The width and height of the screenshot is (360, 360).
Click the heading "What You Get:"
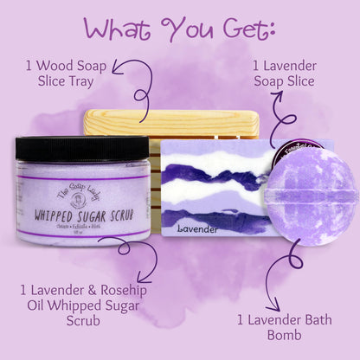[179, 29]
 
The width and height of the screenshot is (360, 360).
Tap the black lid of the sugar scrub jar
[82, 148]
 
